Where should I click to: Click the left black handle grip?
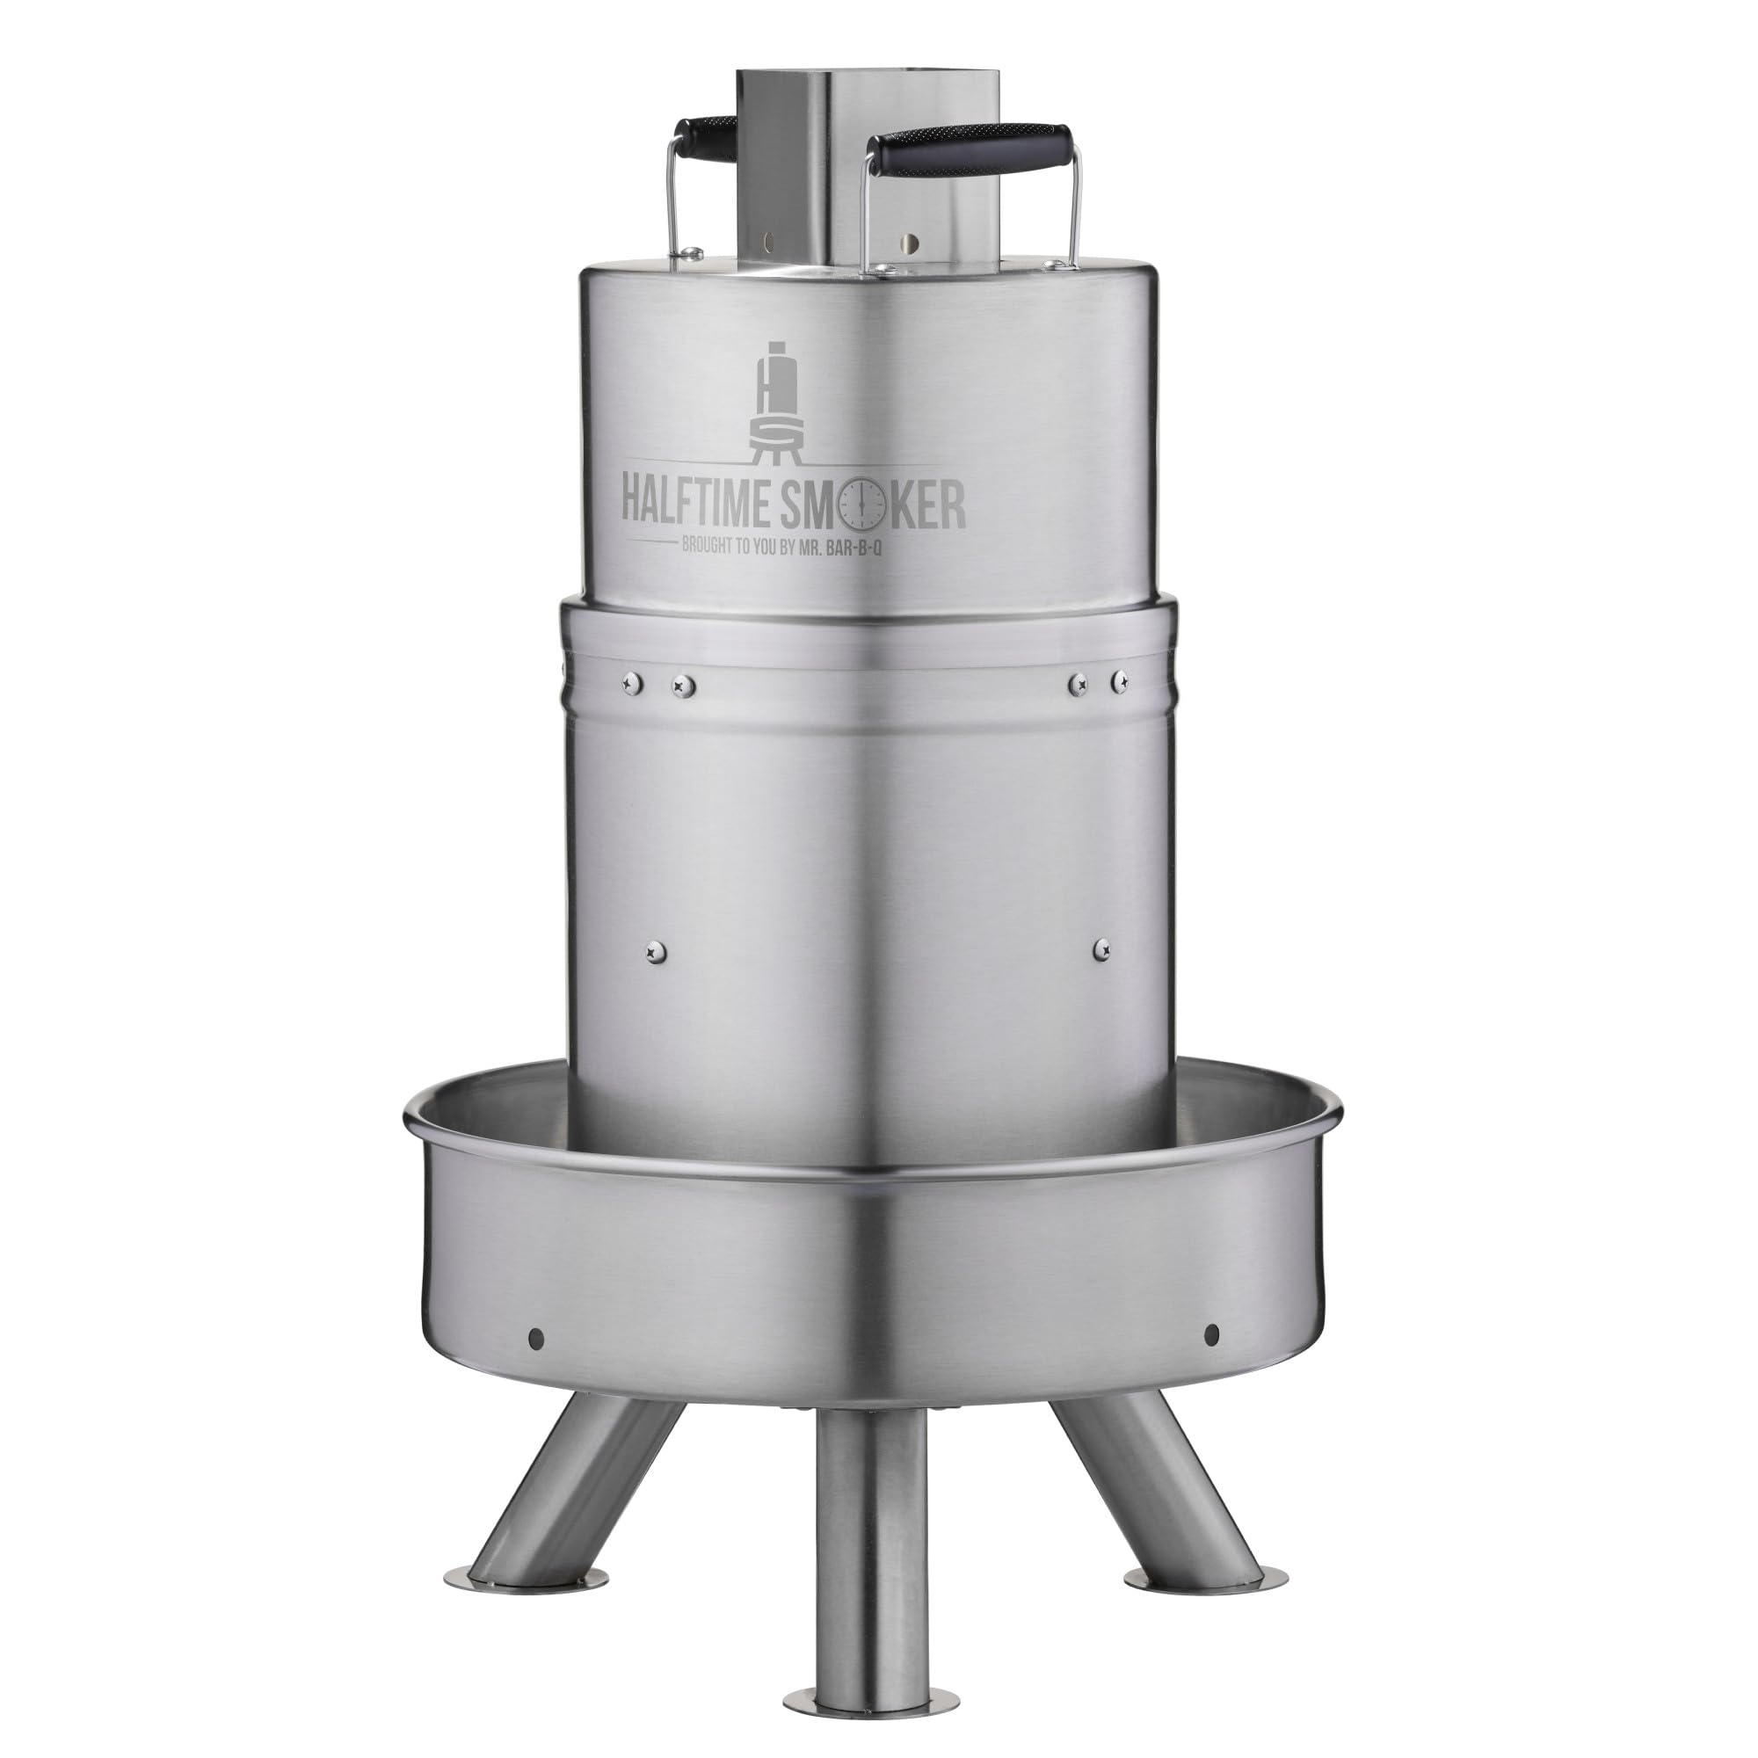pyautogui.click(x=704, y=136)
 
